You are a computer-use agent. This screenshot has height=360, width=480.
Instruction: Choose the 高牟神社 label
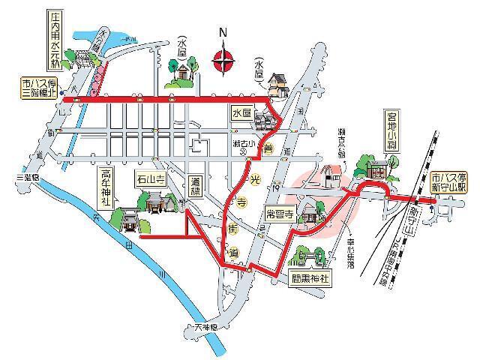pos(105,188)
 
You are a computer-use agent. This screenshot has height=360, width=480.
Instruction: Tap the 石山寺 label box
pos(150,180)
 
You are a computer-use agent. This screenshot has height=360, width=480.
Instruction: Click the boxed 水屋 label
pos(240,112)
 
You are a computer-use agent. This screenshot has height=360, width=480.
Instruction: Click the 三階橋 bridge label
pos(25,178)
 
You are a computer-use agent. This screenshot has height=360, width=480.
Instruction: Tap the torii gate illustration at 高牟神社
pos(126,220)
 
